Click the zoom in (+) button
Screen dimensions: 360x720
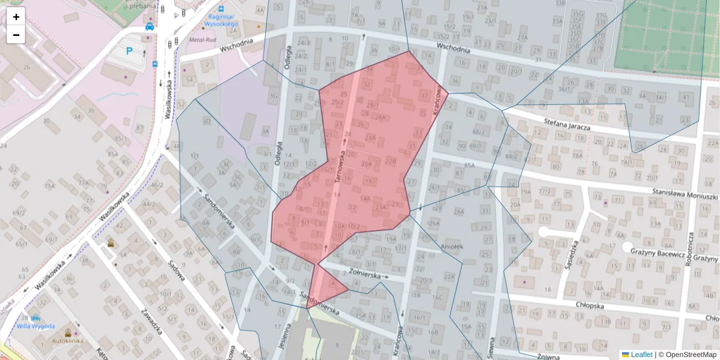[16, 17]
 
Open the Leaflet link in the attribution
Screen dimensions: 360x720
[641, 355]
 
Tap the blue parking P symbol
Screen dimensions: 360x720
[129, 52]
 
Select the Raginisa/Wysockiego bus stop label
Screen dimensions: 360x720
[221, 20]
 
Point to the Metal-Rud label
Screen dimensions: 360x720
[202, 40]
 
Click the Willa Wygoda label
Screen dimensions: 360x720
[36, 326]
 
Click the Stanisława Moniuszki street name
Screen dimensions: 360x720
[685, 195]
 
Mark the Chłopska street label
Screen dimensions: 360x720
[589, 304]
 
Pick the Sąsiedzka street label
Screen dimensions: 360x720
[571, 255]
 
